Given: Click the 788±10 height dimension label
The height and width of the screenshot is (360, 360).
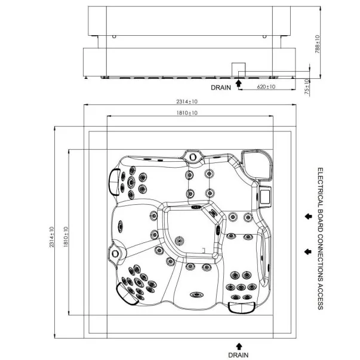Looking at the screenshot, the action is coord(317,44).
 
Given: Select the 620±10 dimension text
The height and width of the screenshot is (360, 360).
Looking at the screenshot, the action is coord(266,87).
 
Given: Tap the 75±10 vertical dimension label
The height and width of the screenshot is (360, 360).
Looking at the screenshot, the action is coord(307,87).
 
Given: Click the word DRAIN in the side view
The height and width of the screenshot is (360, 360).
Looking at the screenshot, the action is coord(221,88).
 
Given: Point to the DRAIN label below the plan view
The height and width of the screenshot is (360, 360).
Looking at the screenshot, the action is coord(238,355).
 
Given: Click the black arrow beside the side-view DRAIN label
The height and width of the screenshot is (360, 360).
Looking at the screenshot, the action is coord(239,83).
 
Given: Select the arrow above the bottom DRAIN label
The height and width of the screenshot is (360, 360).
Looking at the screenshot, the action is coord(239,346).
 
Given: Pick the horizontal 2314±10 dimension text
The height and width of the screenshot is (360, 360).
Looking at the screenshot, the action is coord(187,101).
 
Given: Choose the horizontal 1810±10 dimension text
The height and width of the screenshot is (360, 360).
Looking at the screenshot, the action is coord(187,113).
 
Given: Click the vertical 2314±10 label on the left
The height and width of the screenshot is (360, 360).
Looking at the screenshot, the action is coord(52,237).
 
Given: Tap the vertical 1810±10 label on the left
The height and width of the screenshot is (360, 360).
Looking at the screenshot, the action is coord(66,236).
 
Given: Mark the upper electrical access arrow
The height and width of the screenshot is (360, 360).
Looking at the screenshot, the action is coord(308,216).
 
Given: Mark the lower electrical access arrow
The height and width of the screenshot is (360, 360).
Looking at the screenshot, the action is coord(308,251).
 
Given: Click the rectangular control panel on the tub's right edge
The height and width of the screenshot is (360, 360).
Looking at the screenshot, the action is coord(265,196).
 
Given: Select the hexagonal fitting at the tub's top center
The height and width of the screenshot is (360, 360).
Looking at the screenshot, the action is coord(192,157).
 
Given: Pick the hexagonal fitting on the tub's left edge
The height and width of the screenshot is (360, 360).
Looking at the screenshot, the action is coord(115,254).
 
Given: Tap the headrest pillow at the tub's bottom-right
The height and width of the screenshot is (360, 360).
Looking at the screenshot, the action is coord(242,307).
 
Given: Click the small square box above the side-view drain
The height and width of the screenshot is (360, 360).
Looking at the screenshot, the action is coord(238,69).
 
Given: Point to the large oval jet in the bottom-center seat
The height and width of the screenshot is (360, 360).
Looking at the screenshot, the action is coord(197,294).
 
